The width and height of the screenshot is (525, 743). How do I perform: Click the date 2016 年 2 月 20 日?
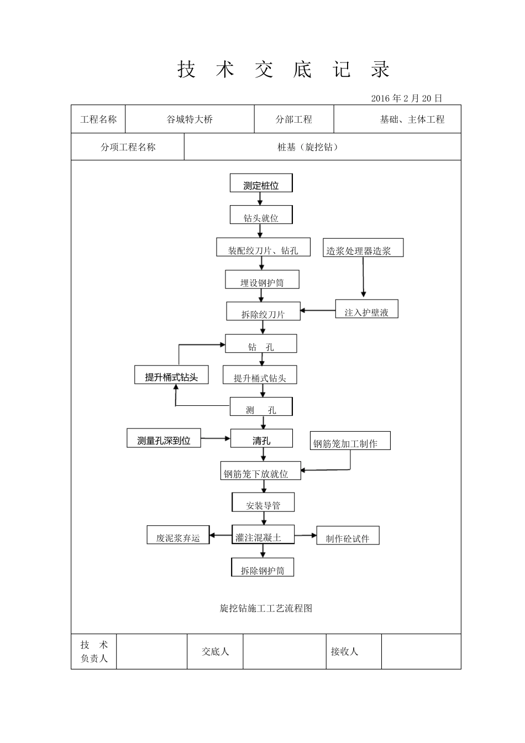coord(407,98)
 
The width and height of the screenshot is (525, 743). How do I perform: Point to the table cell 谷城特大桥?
coord(190,119)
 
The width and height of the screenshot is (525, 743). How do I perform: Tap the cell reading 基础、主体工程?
coord(412,119)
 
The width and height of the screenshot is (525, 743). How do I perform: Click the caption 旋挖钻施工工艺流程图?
coord(266,608)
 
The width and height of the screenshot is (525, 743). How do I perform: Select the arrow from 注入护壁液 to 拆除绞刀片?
coord(318,310)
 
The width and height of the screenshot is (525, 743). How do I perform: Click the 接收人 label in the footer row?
coord(344,652)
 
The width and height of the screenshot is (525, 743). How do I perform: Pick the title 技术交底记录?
coord(283,70)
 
